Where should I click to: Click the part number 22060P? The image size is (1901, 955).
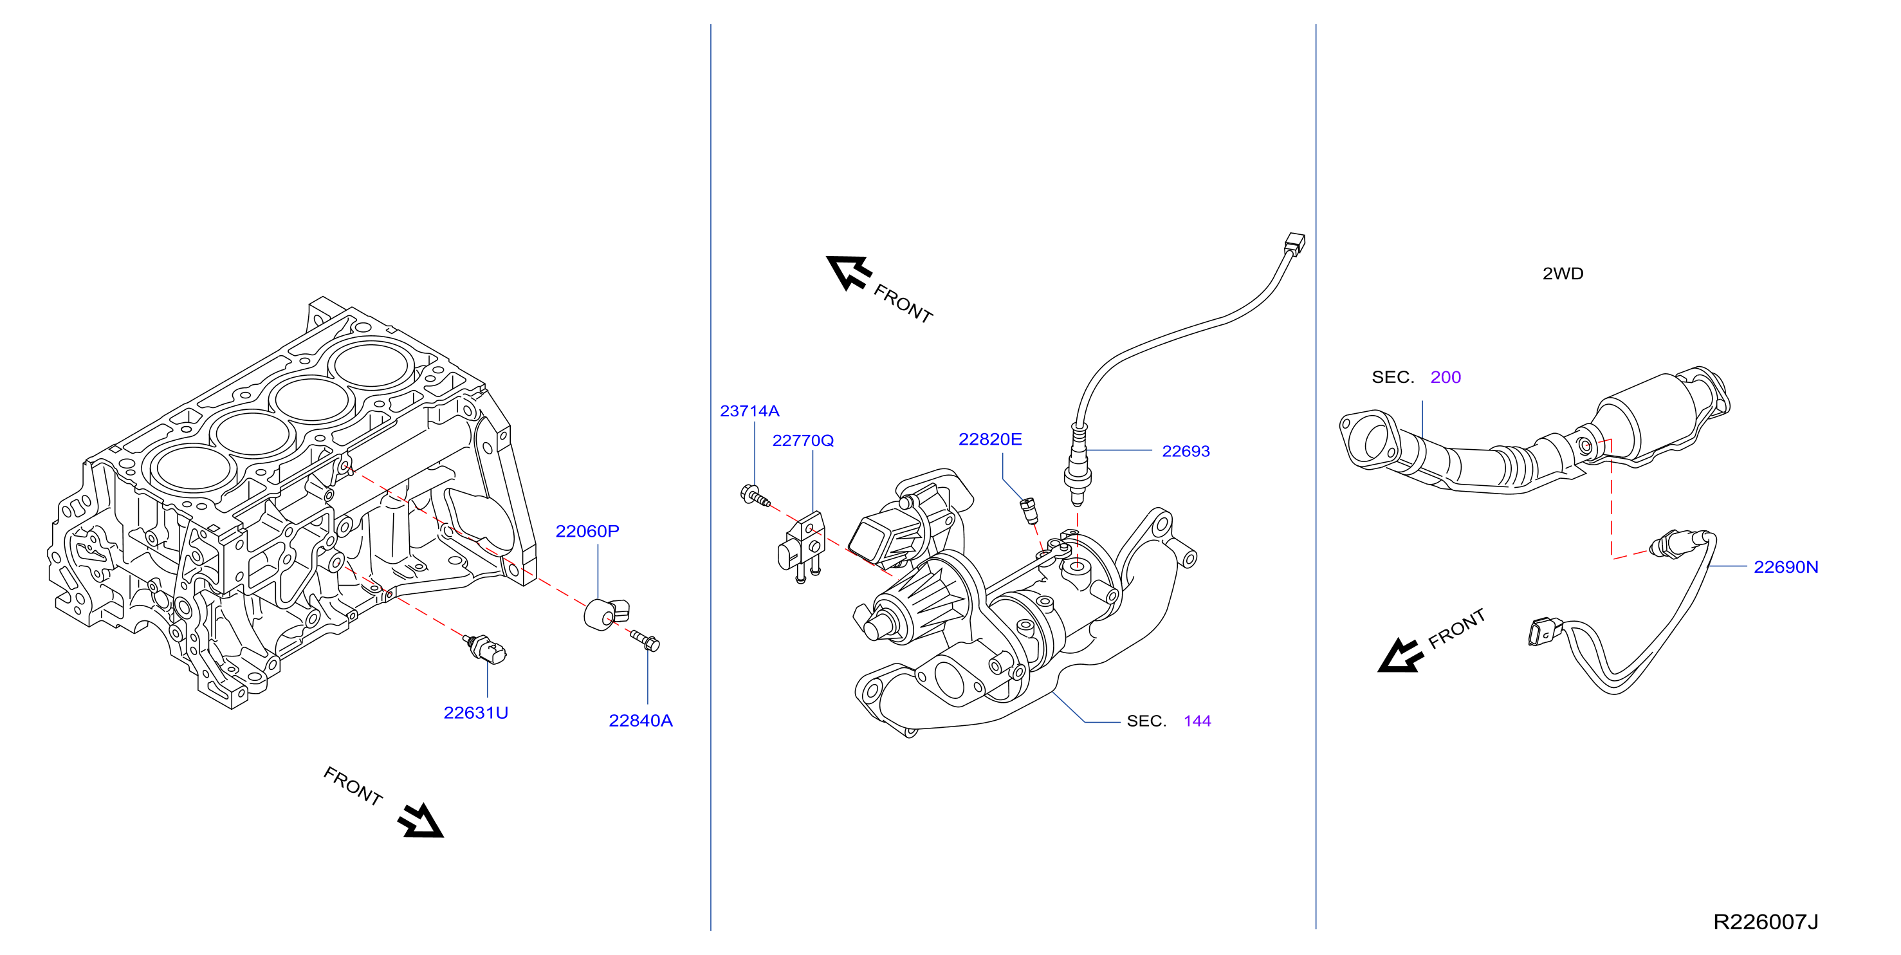click(587, 531)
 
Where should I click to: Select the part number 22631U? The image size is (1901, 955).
click(475, 712)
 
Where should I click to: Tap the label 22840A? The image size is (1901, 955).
click(640, 720)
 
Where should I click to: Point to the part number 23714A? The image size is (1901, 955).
click(749, 411)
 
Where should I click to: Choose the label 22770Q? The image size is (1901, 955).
click(803, 440)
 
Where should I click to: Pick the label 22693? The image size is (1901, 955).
click(1185, 451)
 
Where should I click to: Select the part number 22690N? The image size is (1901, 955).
click(1785, 567)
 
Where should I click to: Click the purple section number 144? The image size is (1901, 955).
click(1197, 720)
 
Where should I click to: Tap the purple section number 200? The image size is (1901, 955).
click(1445, 377)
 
